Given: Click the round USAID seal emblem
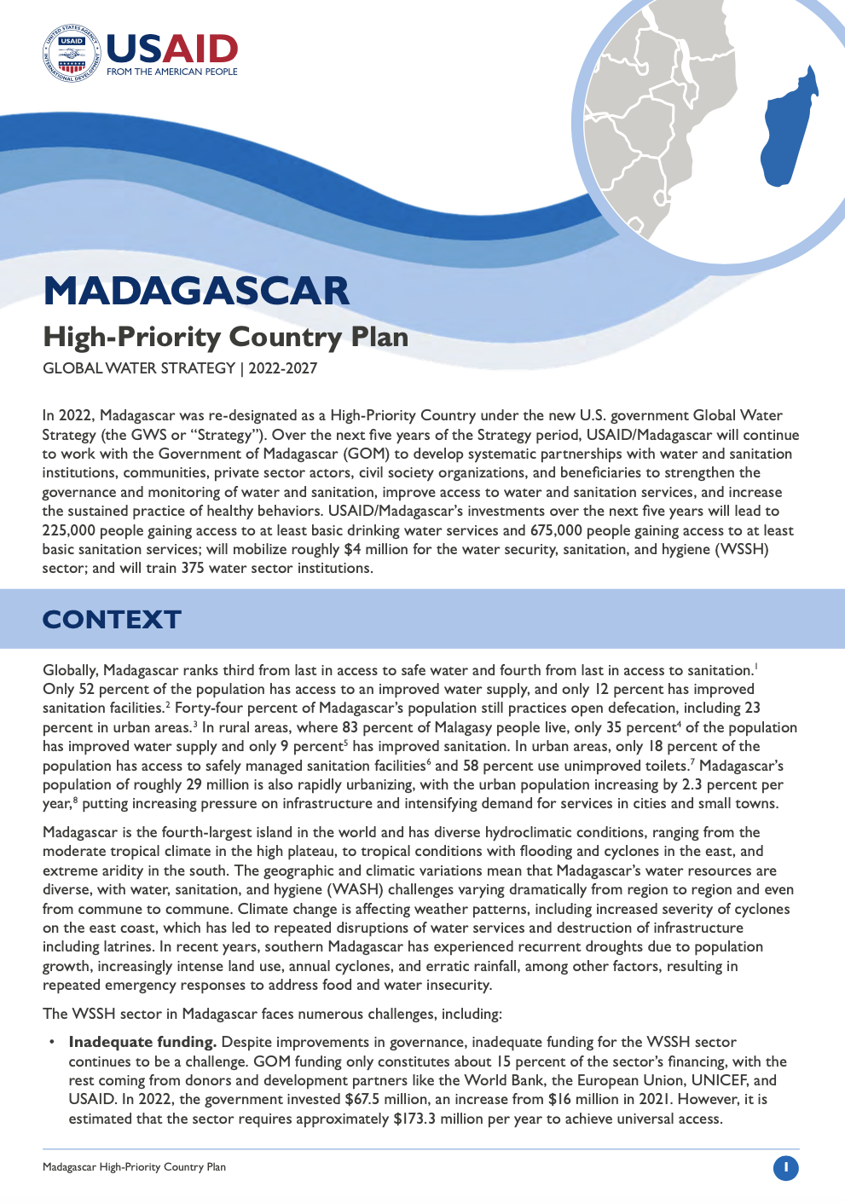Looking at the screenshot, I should [x=71, y=54].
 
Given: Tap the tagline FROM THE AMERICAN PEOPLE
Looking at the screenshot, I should [x=172, y=72].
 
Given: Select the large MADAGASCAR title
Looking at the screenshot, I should [x=196, y=292].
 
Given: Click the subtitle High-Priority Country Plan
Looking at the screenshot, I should [x=226, y=338].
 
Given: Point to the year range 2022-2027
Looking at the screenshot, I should [x=283, y=368].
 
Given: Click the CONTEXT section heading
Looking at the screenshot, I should [x=112, y=619].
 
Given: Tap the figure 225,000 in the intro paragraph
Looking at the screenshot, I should [x=72, y=530].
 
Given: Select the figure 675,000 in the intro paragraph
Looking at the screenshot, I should [x=556, y=530].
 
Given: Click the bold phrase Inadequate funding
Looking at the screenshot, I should [x=142, y=1042].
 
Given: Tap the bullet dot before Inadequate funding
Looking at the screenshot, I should [x=51, y=1042].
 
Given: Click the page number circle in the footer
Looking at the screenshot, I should [x=785, y=1167].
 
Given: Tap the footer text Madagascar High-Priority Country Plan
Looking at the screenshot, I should [x=134, y=1167].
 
